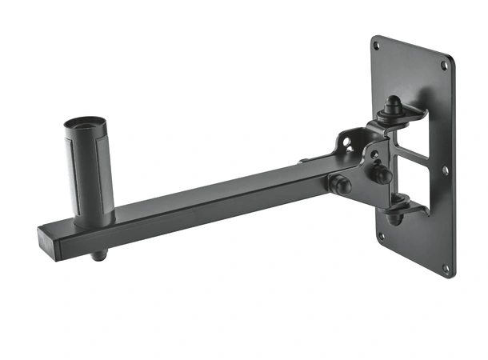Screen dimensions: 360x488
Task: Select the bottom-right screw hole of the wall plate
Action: point(446,267)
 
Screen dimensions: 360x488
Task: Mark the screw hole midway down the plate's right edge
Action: point(446,170)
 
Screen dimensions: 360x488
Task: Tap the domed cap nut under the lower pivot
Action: point(394,217)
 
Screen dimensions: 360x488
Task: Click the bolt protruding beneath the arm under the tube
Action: point(98,257)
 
